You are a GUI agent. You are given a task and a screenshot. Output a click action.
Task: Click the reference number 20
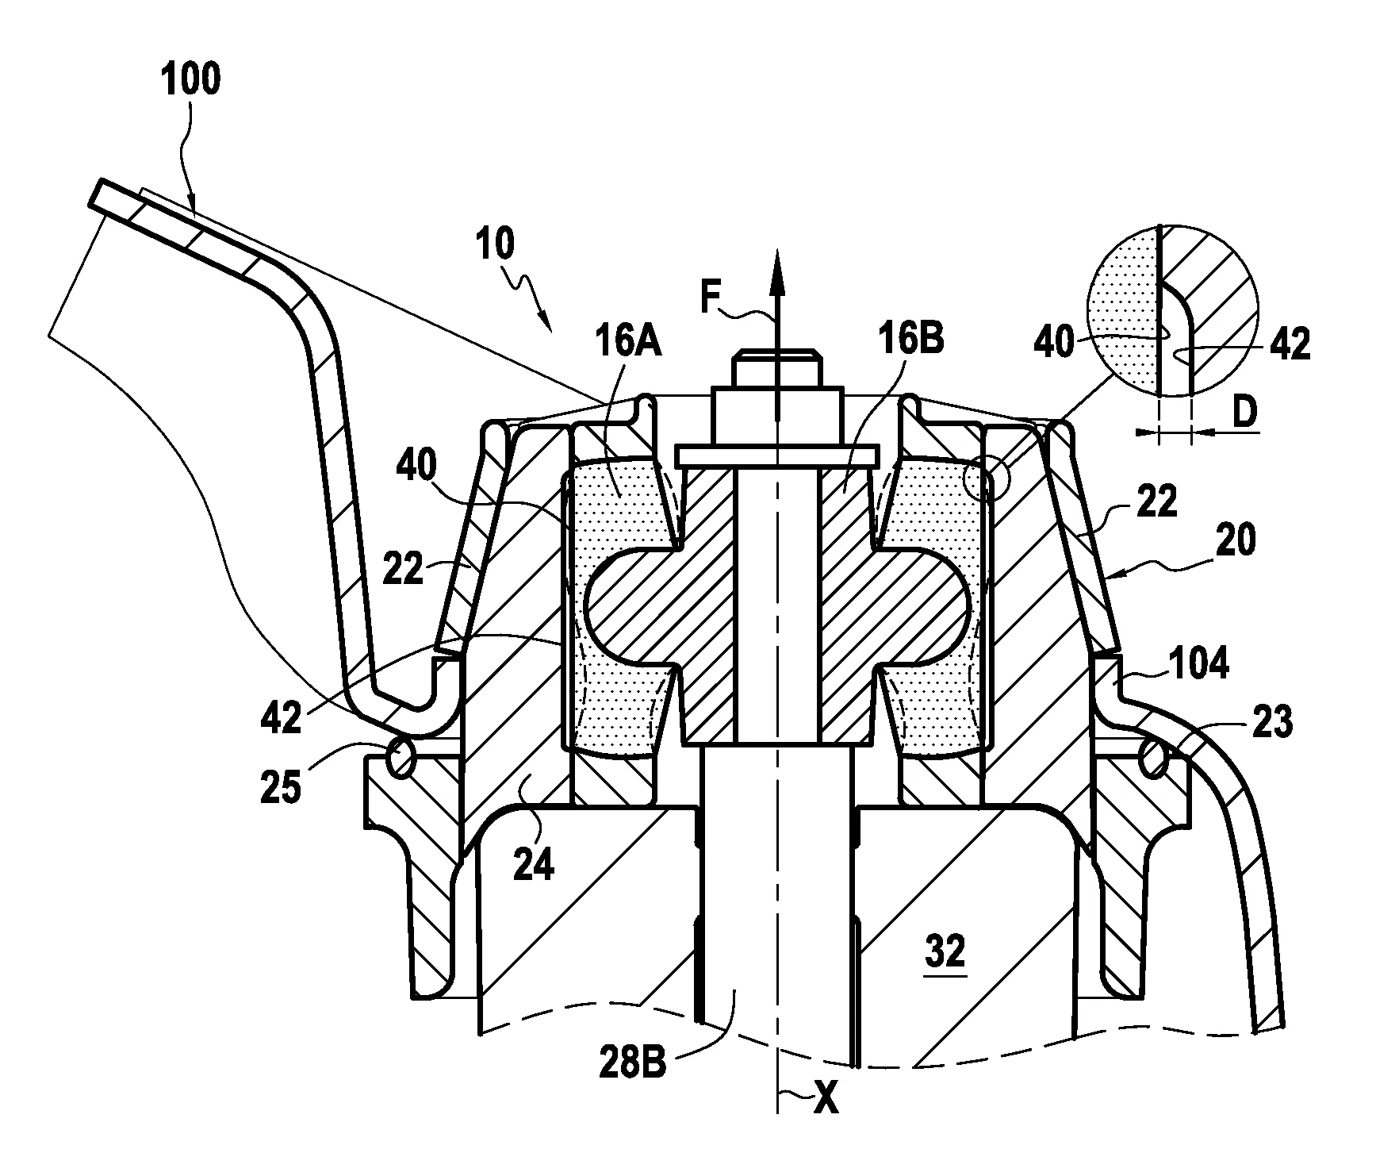click(1236, 540)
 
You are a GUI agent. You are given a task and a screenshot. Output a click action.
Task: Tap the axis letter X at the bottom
click(826, 1123)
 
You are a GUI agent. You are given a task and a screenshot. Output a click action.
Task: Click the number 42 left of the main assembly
click(281, 717)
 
